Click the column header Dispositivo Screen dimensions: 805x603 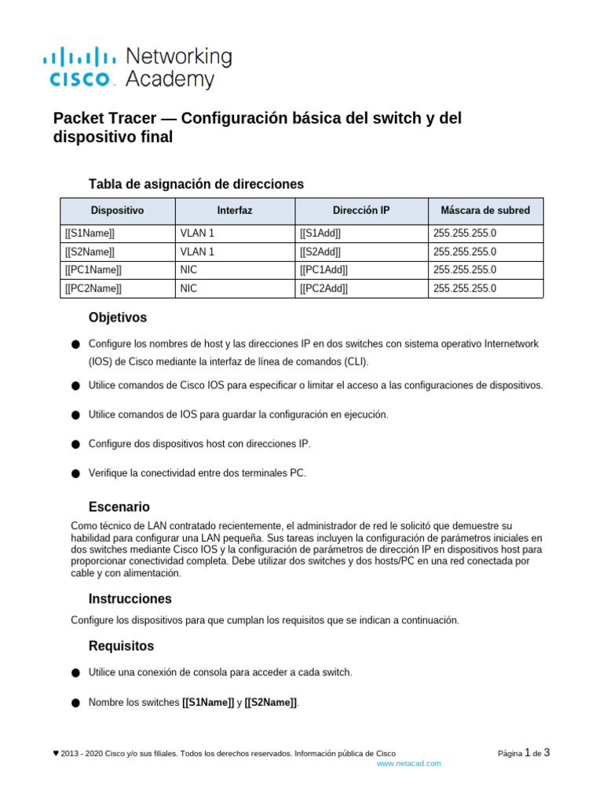pos(118,211)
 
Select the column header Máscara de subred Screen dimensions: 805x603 pos(485,211)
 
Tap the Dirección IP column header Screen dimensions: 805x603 pos(361,211)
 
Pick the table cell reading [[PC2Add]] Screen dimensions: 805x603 pos(323,289)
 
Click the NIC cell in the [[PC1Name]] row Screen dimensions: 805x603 pos(188,270)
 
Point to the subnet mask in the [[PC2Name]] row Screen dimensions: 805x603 pos(465,289)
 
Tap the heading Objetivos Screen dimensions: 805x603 pos(118,318)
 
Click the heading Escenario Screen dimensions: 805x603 pos(119,507)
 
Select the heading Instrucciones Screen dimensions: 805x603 pos(130,598)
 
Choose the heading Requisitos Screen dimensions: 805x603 pos(122,646)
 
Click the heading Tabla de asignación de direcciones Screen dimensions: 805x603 pos(196,184)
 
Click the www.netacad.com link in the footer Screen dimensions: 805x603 pos(409,763)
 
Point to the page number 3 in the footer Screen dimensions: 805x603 pos(546,752)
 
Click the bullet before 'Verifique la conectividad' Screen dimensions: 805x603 pos(75,474)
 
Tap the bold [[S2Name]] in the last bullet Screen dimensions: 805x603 pos(271,703)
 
